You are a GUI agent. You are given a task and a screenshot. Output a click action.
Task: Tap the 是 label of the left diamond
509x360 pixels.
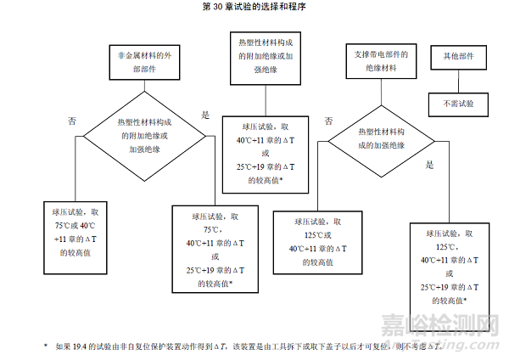(204, 115)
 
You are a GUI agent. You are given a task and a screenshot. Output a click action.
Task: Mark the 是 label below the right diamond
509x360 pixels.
(429, 165)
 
